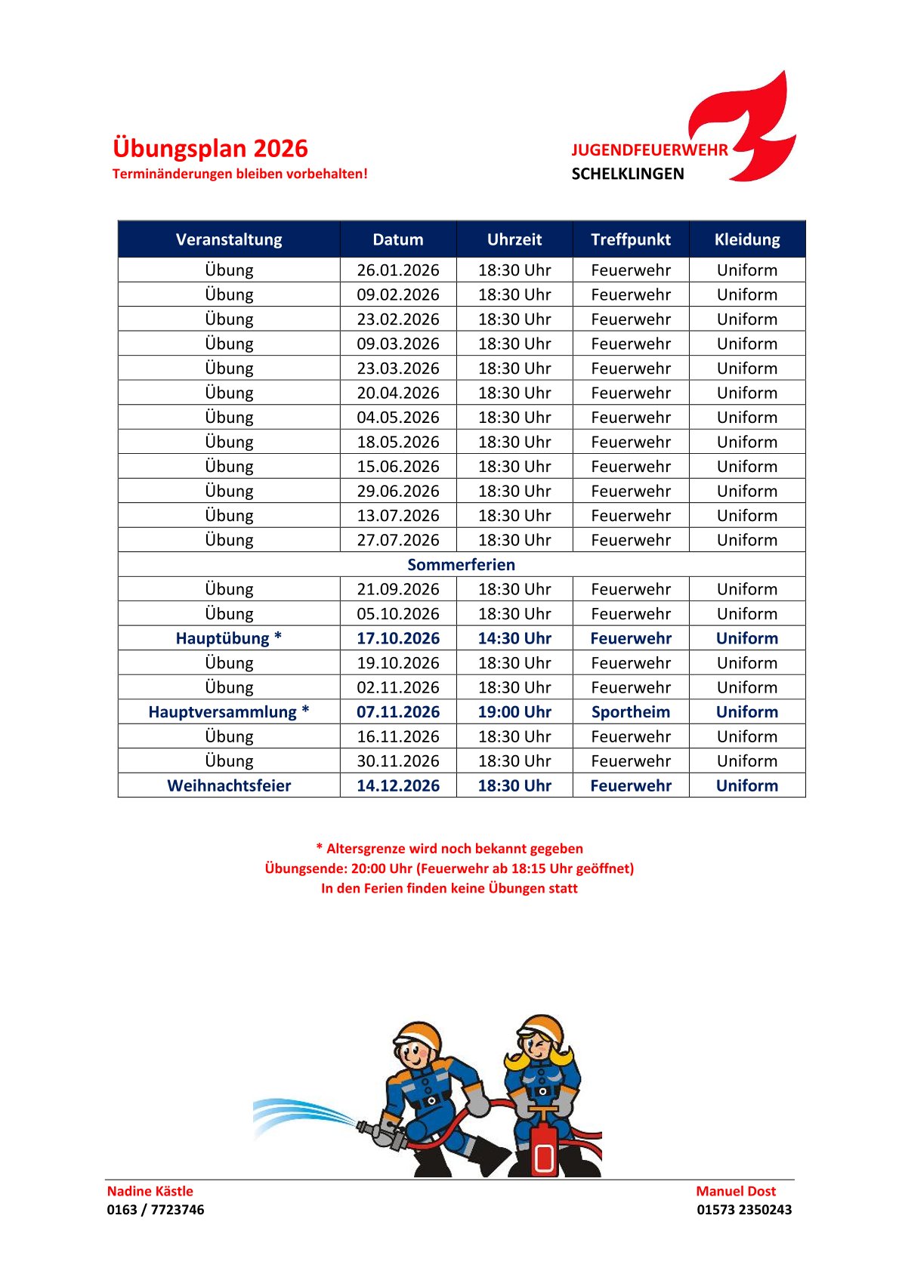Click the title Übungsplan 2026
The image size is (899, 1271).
(x=210, y=148)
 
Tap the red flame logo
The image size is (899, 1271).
(x=748, y=128)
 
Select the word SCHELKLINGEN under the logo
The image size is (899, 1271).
(x=627, y=174)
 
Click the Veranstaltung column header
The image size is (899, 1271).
(x=229, y=239)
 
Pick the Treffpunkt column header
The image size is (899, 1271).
(x=631, y=239)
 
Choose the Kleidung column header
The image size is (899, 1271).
(x=747, y=239)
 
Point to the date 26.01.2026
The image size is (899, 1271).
(x=398, y=270)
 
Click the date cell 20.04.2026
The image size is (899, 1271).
(x=398, y=393)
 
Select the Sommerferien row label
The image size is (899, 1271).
(x=461, y=565)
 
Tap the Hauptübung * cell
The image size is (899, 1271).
(x=229, y=638)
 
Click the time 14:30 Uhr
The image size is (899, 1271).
(x=514, y=638)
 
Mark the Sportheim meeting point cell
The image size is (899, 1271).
(x=631, y=712)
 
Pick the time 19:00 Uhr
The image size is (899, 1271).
(x=514, y=712)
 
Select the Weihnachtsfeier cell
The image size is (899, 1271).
(x=229, y=785)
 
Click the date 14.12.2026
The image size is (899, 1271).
(x=398, y=785)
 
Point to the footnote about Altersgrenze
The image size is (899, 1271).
(x=449, y=849)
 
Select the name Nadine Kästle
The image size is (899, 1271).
(x=150, y=1191)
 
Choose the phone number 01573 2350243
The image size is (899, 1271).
(x=744, y=1210)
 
